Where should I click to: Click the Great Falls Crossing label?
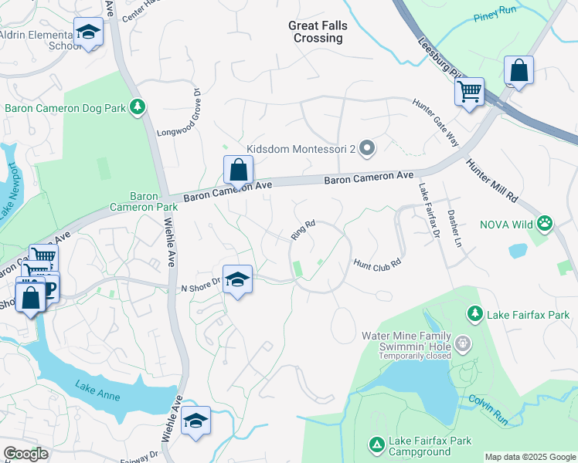(x=318, y=32)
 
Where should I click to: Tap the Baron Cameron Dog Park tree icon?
(x=138, y=106)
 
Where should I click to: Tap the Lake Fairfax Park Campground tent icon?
(x=376, y=444)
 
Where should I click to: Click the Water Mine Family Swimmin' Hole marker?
(x=462, y=342)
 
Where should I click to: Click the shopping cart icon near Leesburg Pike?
(x=469, y=92)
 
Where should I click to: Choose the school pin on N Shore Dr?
(x=237, y=279)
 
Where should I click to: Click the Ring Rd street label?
(x=303, y=228)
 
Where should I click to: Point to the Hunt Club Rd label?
(x=377, y=263)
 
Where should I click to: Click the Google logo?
(x=25, y=454)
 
